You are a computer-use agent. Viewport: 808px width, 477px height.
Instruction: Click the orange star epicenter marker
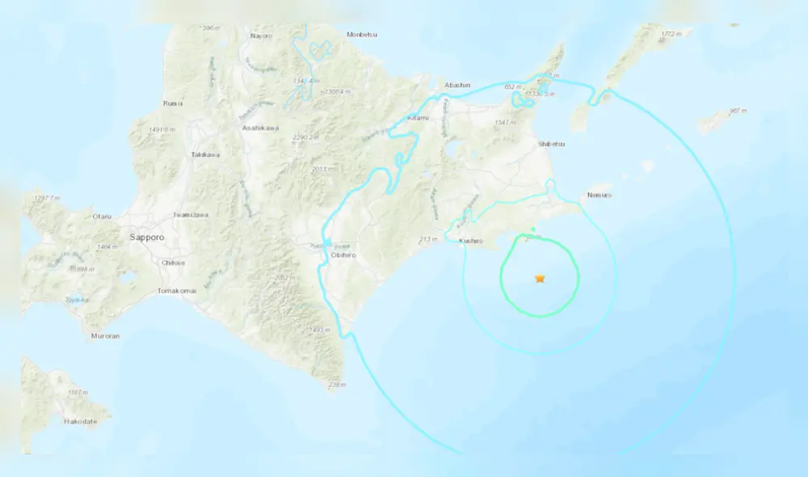pyautogui.click(x=540, y=279)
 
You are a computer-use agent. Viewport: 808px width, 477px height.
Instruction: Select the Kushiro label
pyautogui.click(x=470, y=241)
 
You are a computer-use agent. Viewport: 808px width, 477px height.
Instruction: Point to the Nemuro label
pyautogui.click(x=600, y=195)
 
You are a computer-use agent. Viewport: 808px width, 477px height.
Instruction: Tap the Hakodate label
pyautogui.click(x=82, y=421)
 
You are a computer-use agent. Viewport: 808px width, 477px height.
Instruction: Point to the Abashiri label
pyautogui.click(x=457, y=85)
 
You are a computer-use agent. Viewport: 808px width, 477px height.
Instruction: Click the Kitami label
pyautogui.click(x=418, y=118)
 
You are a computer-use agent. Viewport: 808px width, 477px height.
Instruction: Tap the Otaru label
pyautogui.click(x=101, y=216)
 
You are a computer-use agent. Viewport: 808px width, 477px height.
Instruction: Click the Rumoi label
pyautogui.click(x=173, y=103)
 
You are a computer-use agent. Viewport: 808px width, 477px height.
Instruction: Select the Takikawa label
pyautogui.click(x=205, y=154)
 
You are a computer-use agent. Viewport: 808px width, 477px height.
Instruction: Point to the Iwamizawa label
pyautogui.click(x=192, y=215)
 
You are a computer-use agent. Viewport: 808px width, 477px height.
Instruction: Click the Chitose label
pyautogui.click(x=173, y=263)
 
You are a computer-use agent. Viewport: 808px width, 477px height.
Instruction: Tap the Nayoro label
pyautogui.click(x=261, y=36)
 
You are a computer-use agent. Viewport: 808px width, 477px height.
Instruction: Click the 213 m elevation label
pyautogui.click(x=428, y=239)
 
